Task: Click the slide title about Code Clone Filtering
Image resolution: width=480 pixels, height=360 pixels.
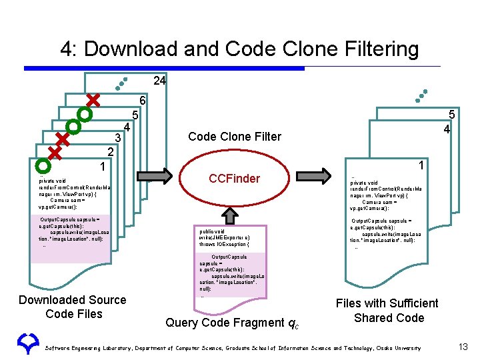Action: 239,49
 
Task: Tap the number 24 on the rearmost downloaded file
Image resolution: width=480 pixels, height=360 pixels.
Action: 159,81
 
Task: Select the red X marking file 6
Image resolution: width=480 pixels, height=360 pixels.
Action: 93,100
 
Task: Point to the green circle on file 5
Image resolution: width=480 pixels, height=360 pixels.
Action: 83,113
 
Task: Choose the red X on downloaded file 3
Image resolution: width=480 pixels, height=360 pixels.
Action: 63,139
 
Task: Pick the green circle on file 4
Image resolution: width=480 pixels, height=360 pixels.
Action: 73,126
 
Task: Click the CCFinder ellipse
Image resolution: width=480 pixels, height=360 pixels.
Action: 234,178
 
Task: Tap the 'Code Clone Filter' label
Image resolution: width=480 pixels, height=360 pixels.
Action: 235,137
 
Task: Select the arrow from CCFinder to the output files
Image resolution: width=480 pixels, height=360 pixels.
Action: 313,177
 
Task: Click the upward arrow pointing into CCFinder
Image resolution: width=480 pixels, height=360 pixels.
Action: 230,214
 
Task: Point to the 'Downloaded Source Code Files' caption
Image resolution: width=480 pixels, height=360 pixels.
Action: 73,307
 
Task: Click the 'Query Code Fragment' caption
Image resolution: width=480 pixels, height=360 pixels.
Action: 232,323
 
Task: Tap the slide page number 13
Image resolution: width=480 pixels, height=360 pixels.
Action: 463,347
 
